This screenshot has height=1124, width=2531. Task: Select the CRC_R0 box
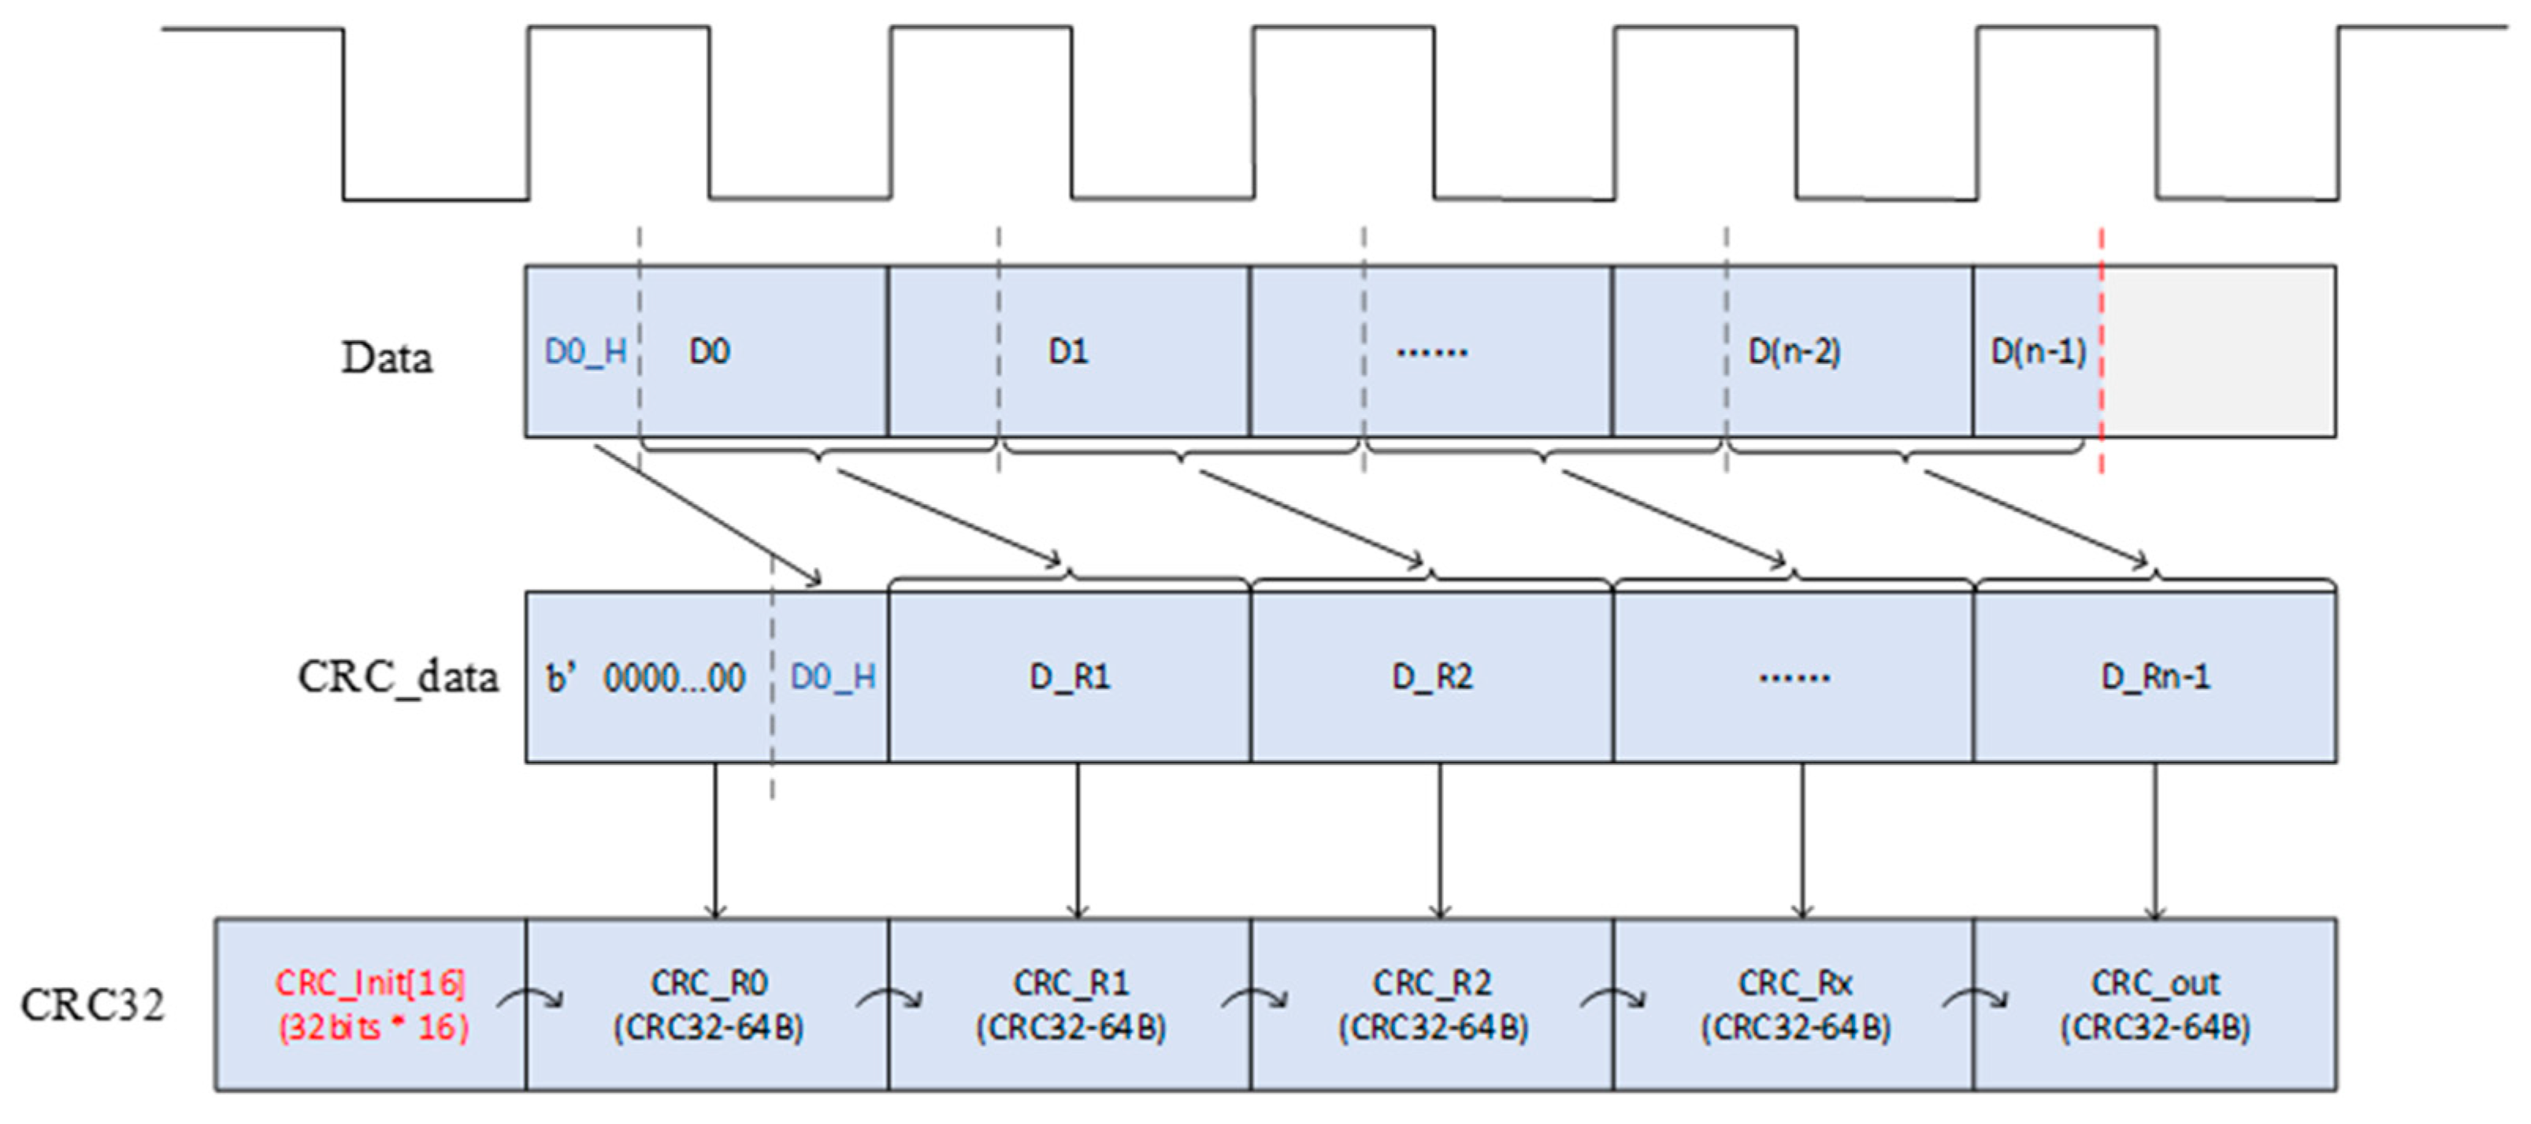click(707, 1004)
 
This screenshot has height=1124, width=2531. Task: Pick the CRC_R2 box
click(1433, 1004)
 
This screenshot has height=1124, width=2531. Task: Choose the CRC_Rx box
click(1794, 1004)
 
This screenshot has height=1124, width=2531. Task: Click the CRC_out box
click(2154, 1004)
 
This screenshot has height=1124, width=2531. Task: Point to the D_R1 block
click(1070, 677)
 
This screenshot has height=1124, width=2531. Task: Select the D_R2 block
click(1433, 677)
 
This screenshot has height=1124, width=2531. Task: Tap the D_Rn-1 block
click(2154, 677)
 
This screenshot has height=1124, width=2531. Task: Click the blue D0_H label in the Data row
click(585, 352)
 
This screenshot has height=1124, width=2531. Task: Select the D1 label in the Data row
click(1068, 352)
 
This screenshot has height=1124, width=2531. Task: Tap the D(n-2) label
click(1794, 352)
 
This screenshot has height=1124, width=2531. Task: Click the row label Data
click(386, 358)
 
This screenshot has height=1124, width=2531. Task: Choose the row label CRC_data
click(398, 677)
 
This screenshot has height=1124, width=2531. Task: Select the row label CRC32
click(92, 1005)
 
